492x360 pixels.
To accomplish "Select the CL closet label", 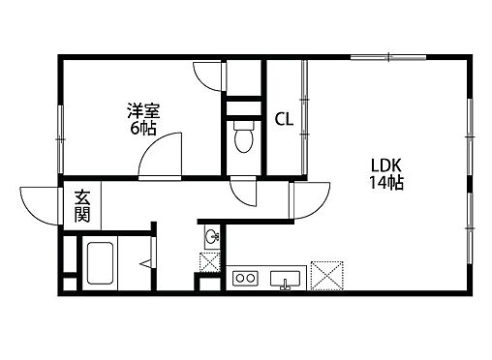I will click(x=284, y=120).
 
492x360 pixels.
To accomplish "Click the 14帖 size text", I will click(x=384, y=182).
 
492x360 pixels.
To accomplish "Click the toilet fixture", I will click(x=243, y=139).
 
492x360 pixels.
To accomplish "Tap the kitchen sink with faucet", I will click(x=286, y=281).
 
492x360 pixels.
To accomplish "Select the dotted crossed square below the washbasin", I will click(x=209, y=261).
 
